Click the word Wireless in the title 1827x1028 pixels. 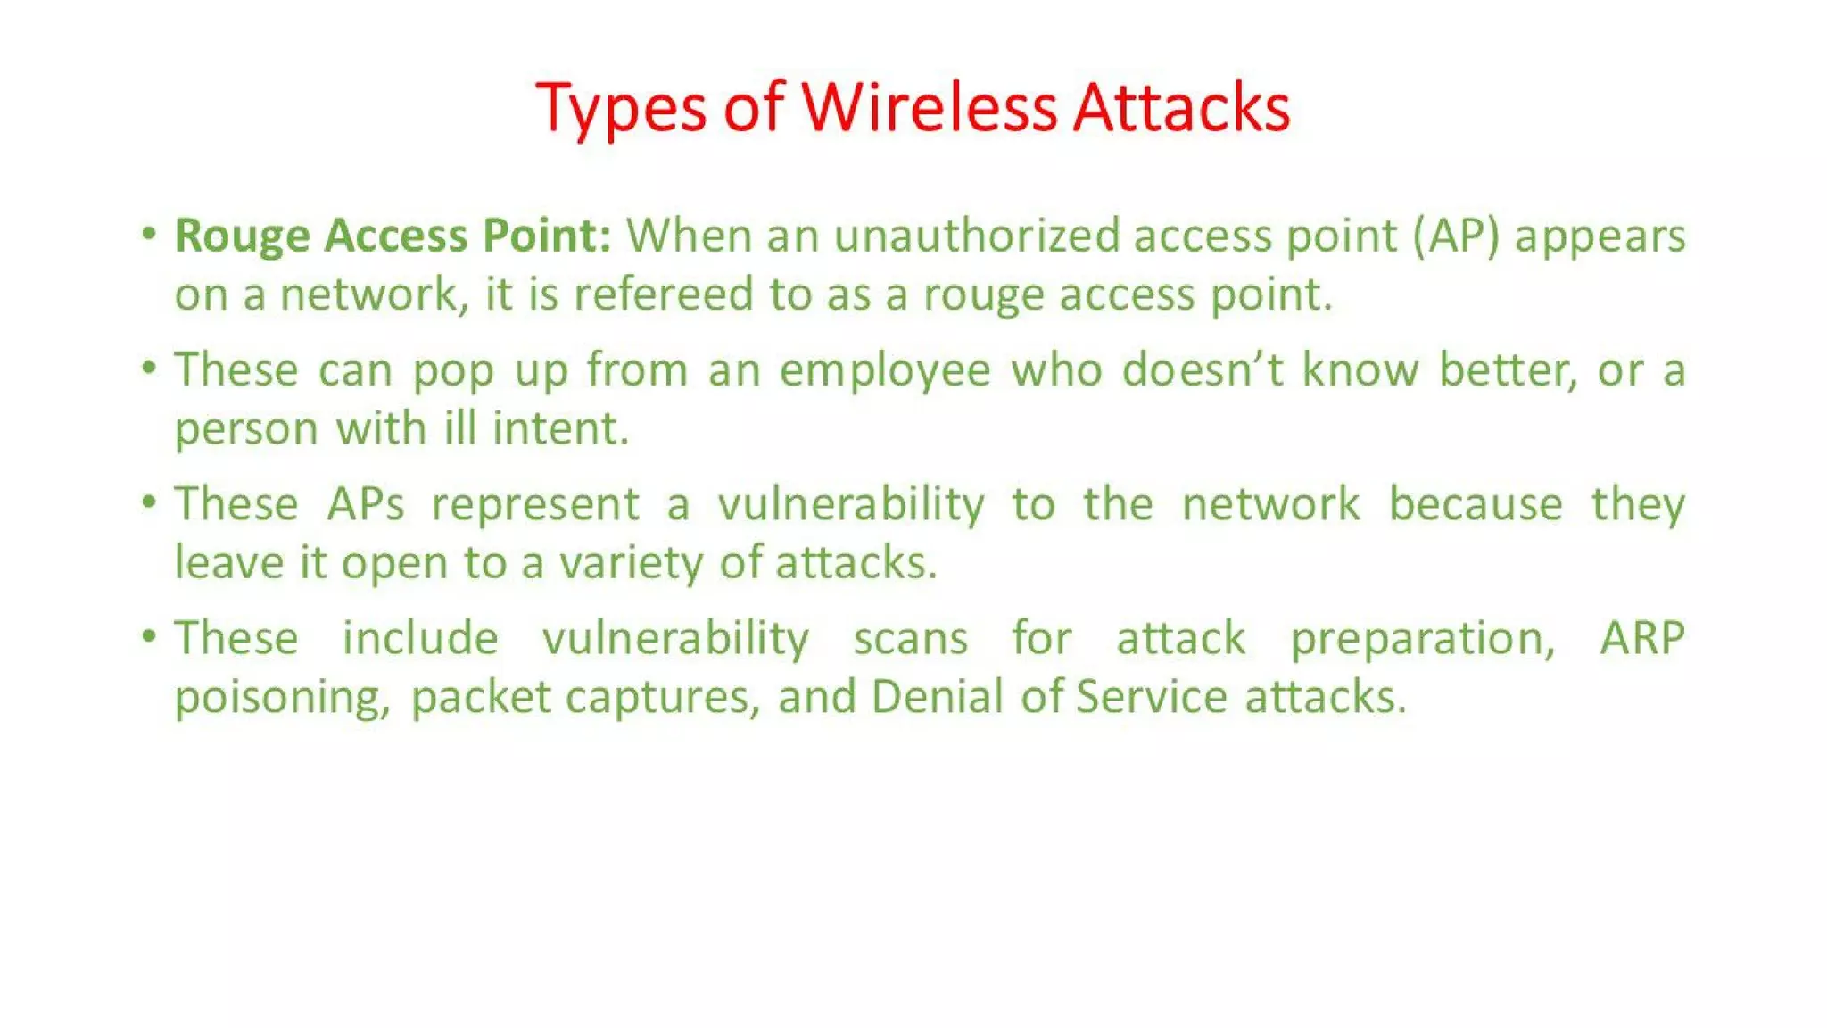click(929, 107)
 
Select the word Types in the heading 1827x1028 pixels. click(622, 109)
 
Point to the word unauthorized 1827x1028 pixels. click(977, 236)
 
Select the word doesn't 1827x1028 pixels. click(1203, 369)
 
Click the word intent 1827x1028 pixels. click(560, 428)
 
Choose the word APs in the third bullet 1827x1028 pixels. click(365, 504)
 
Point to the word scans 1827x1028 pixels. click(910, 639)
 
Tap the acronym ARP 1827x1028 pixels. click(1641, 638)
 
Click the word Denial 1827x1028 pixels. click(938, 696)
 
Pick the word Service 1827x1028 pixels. click(1152, 696)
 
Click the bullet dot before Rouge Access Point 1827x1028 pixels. click(149, 235)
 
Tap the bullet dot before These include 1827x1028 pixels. click(149, 637)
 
